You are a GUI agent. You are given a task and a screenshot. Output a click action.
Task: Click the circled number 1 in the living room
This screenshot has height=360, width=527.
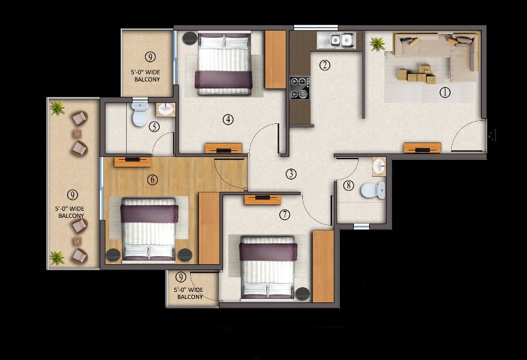(x=444, y=92)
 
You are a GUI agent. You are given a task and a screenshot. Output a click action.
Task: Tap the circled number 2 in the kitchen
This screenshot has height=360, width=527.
(x=325, y=65)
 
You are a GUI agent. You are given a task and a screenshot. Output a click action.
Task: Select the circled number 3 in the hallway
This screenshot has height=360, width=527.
(x=291, y=174)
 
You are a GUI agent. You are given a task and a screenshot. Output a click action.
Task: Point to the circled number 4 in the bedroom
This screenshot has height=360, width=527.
(x=228, y=120)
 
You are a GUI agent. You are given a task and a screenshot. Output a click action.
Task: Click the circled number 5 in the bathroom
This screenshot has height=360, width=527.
(x=154, y=126)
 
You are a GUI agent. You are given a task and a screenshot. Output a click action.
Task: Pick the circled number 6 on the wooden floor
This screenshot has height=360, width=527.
(x=153, y=180)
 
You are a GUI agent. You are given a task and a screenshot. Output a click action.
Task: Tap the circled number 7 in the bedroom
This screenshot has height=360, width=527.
(x=285, y=215)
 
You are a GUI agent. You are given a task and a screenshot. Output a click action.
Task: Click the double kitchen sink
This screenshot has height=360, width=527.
(x=336, y=40)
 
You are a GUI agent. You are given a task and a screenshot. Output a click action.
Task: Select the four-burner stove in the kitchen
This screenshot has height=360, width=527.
(x=299, y=87)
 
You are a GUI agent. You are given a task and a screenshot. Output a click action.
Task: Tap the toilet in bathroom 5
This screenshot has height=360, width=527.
(x=140, y=114)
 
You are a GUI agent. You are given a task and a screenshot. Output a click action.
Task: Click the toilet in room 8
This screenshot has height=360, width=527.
(x=373, y=190)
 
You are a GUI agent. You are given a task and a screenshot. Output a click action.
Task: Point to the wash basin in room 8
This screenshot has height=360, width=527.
(x=379, y=166)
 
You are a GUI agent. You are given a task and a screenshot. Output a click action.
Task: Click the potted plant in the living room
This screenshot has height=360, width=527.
(x=377, y=43)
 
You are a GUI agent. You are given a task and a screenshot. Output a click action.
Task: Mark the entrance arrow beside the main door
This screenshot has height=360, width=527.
(x=492, y=136)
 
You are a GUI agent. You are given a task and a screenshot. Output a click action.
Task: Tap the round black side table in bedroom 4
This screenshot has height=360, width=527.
(x=190, y=39)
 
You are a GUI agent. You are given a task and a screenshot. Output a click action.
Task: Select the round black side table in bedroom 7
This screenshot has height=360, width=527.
(x=302, y=293)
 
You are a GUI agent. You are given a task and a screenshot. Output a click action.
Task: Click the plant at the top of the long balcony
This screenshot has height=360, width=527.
(x=57, y=107)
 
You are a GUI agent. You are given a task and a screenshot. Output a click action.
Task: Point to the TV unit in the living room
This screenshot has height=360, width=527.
(x=422, y=148)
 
